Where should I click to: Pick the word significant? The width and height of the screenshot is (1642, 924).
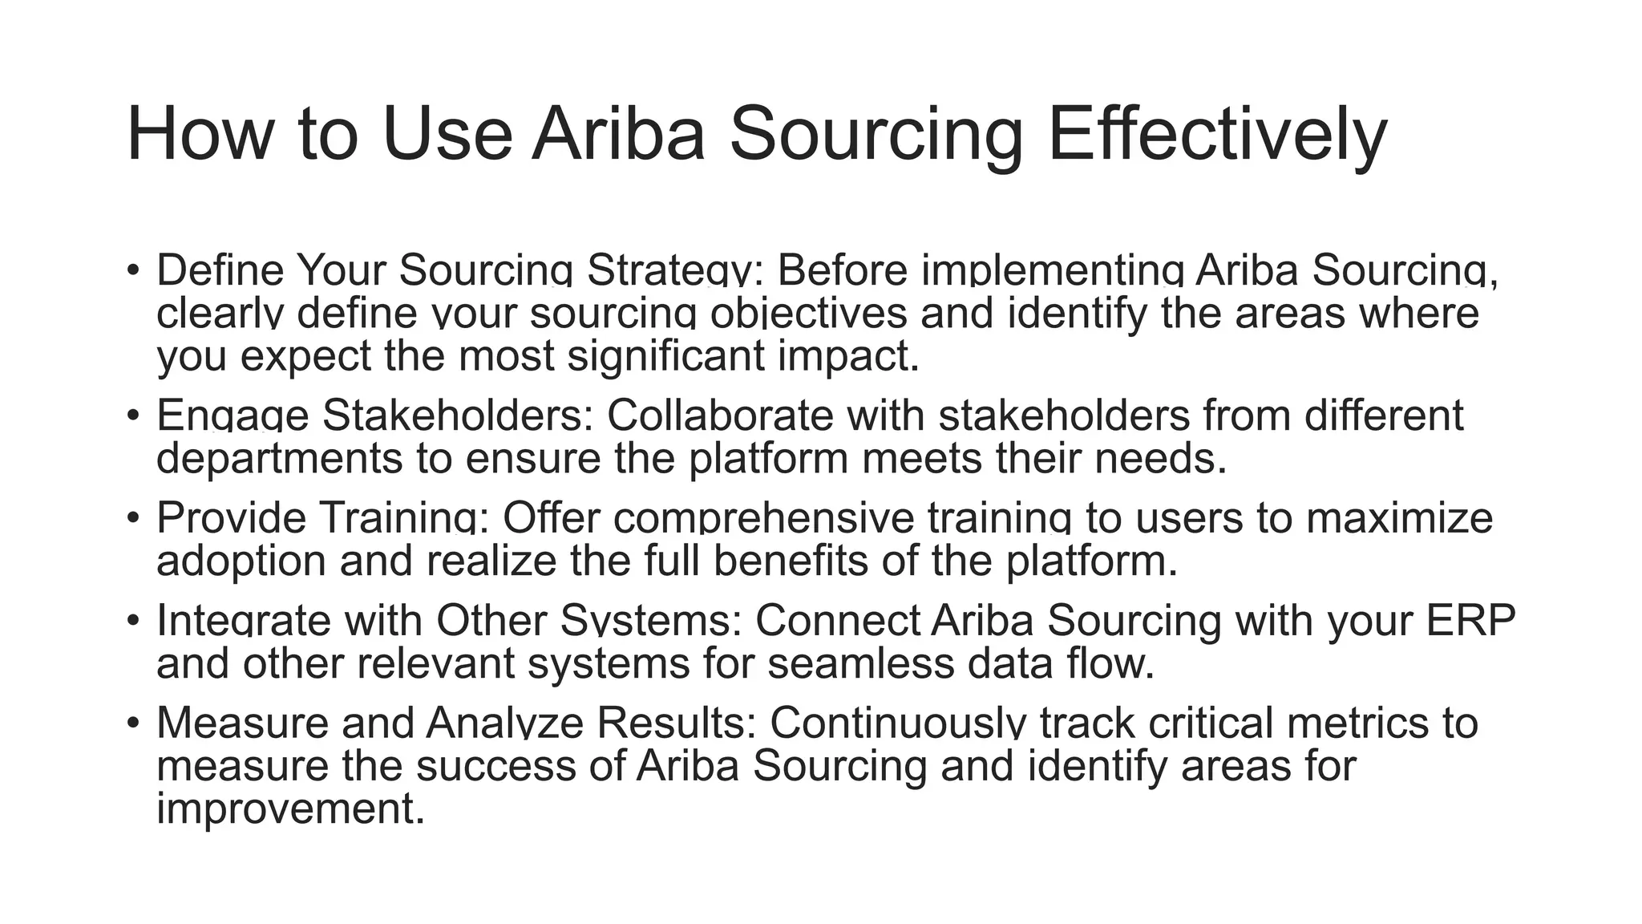(665, 356)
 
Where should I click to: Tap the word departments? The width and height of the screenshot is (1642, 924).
(280, 459)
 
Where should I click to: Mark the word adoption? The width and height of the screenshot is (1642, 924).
(241, 561)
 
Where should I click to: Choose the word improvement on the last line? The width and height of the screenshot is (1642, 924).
(289, 808)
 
